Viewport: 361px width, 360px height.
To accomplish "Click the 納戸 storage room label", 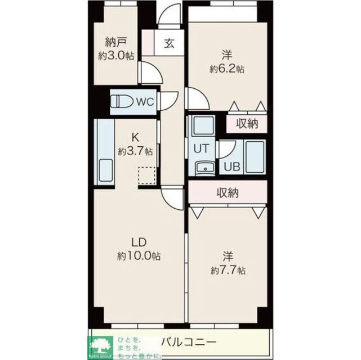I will tap(114, 41).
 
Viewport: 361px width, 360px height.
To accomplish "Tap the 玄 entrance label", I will tap(169, 44).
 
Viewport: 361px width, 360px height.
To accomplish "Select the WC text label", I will tap(144, 102).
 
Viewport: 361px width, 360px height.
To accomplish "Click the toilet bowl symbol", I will tap(121, 102).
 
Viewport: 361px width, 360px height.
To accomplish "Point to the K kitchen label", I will tap(135, 137).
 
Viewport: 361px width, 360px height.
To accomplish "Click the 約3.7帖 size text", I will tap(135, 151).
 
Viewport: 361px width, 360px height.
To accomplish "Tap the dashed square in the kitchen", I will tap(145, 175).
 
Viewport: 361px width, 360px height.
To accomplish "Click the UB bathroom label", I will tap(231, 167).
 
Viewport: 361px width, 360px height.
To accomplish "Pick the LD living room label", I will tap(139, 242).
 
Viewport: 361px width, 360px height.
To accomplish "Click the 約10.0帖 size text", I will tap(139, 256).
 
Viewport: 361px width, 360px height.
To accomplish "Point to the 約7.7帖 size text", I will tap(227, 270).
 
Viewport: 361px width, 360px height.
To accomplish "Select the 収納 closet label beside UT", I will tap(247, 124).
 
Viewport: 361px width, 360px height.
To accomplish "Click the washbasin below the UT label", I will tap(203, 167).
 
